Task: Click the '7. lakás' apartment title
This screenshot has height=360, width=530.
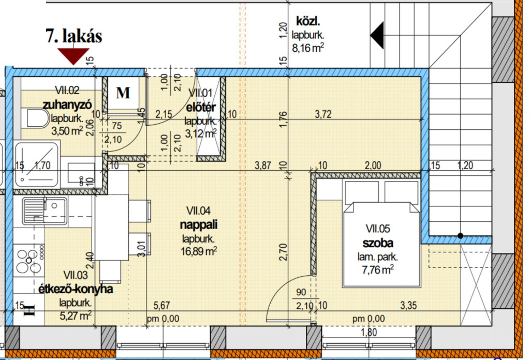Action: point(75,36)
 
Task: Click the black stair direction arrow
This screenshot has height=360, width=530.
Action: point(377,35)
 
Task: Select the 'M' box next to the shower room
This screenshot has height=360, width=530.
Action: point(123,93)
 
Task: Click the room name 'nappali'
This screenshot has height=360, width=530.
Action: point(199,225)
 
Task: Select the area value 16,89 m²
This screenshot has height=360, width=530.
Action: point(199,251)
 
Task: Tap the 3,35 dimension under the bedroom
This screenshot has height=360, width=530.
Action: point(409,304)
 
